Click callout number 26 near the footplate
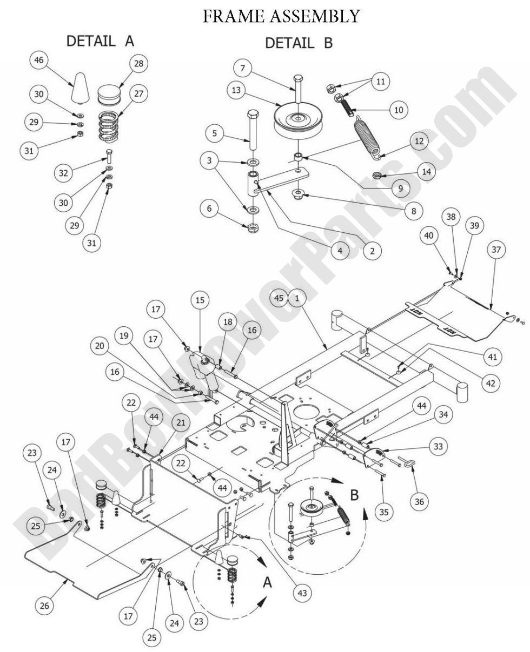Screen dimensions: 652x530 [45, 606]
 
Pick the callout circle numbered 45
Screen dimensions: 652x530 [279, 297]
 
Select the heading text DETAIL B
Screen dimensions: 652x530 [299, 43]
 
